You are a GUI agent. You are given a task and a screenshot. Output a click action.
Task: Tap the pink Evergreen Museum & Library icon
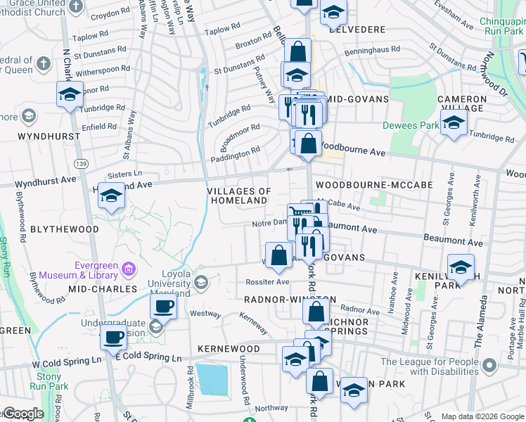pyautogui.click(x=128, y=268)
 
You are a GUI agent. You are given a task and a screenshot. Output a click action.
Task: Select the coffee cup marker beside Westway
pyautogui.click(x=164, y=307)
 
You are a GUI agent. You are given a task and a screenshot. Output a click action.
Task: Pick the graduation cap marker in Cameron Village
pyautogui.click(x=454, y=123)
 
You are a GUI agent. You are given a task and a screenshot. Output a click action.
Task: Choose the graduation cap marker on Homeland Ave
pyautogui.click(x=111, y=196)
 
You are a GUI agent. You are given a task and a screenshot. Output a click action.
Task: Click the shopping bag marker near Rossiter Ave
pyautogui.click(x=278, y=256)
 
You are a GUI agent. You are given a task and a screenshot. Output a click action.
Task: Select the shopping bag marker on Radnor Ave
pyautogui.click(x=317, y=312)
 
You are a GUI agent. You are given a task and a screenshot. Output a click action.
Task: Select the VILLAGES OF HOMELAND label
pyautogui.click(x=239, y=196)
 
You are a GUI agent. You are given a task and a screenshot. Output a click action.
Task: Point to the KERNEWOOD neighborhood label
pyautogui.click(x=229, y=349)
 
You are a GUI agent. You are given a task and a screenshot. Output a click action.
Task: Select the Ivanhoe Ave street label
pyautogui.click(x=393, y=289)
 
